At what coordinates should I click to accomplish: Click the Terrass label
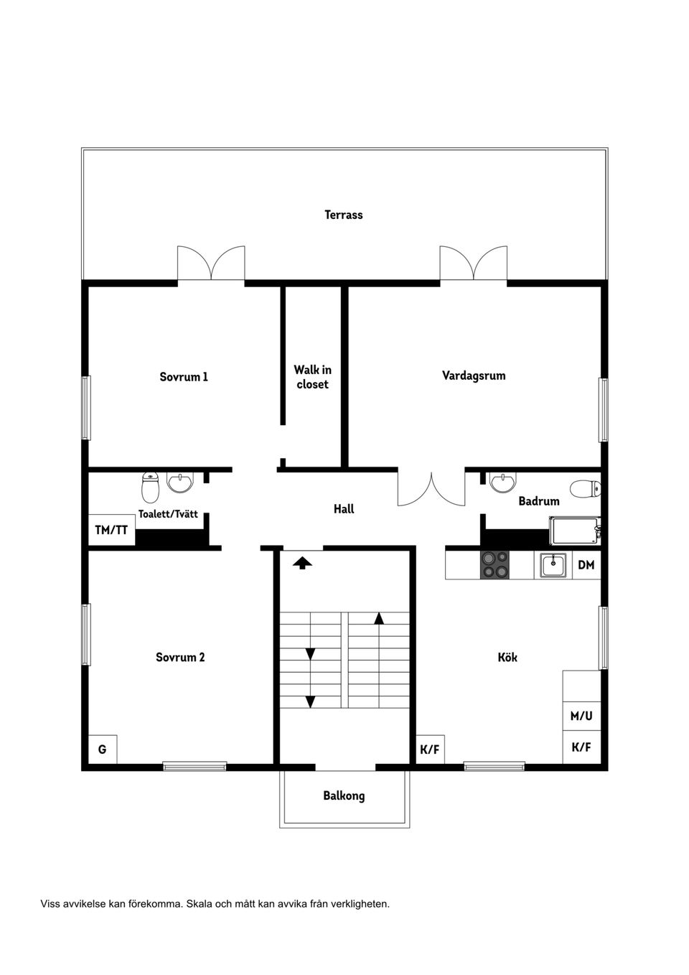click(343, 215)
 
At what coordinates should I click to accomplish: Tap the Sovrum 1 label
click(184, 376)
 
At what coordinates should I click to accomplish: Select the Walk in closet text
click(312, 377)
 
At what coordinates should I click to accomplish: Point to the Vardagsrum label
click(474, 375)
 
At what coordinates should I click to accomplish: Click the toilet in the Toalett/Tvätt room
click(151, 487)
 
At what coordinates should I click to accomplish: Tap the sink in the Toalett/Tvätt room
click(180, 482)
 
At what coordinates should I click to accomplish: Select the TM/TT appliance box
click(111, 530)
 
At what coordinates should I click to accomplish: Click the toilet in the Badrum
click(585, 489)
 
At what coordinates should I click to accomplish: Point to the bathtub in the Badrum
click(575, 531)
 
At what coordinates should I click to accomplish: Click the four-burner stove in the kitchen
click(495, 564)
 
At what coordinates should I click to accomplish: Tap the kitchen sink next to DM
click(553, 565)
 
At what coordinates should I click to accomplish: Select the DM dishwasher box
click(586, 565)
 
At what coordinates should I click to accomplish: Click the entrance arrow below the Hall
click(302, 564)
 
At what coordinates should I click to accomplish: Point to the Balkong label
click(344, 796)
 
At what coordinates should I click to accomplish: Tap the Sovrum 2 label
click(180, 657)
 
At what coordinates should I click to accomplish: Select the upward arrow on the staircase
click(379, 618)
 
